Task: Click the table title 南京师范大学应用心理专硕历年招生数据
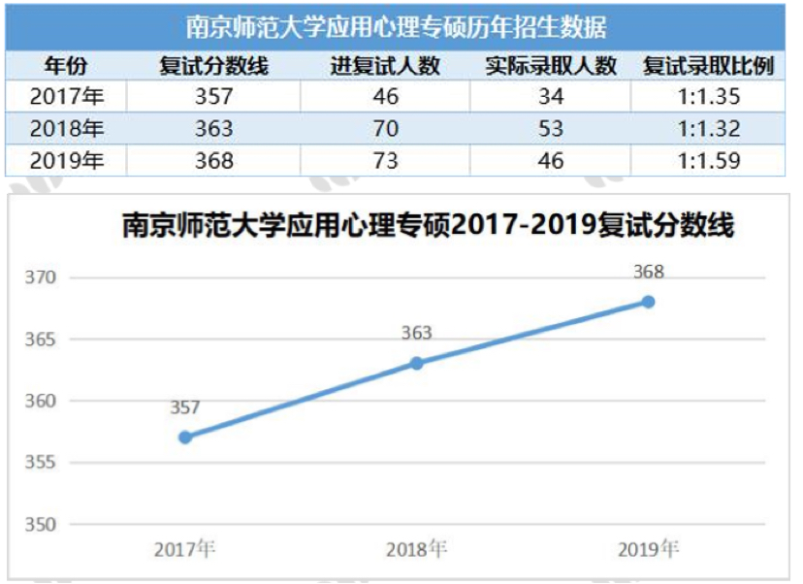pyautogui.click(x=396, y=24)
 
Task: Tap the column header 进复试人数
pyautogui.click(x=385, y=66)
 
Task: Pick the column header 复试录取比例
pyautogui.click(x=708, y=66)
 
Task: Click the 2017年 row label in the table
pyautogui.click(x=65, y=97)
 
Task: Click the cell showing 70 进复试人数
pyautogui.click(x=385, y=129)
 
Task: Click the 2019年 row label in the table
pyautogui.click(x=65, y=160)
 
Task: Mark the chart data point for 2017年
pyautogui.click(x=185, y=437)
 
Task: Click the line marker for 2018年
pyautogui.click(x=416, y=363)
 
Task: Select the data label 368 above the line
pyautogui.click(x=648, y=273)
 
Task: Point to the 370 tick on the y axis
pyautogui.click(x=42, y=278)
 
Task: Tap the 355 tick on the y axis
pyautogui.click(x=42, y=463)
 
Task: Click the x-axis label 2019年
pyautogui.click(x=648, y=549)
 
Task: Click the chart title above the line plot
pyautogui.click(x=428, y=226)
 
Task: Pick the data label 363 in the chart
pyautogui.click(x=416, y=334)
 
